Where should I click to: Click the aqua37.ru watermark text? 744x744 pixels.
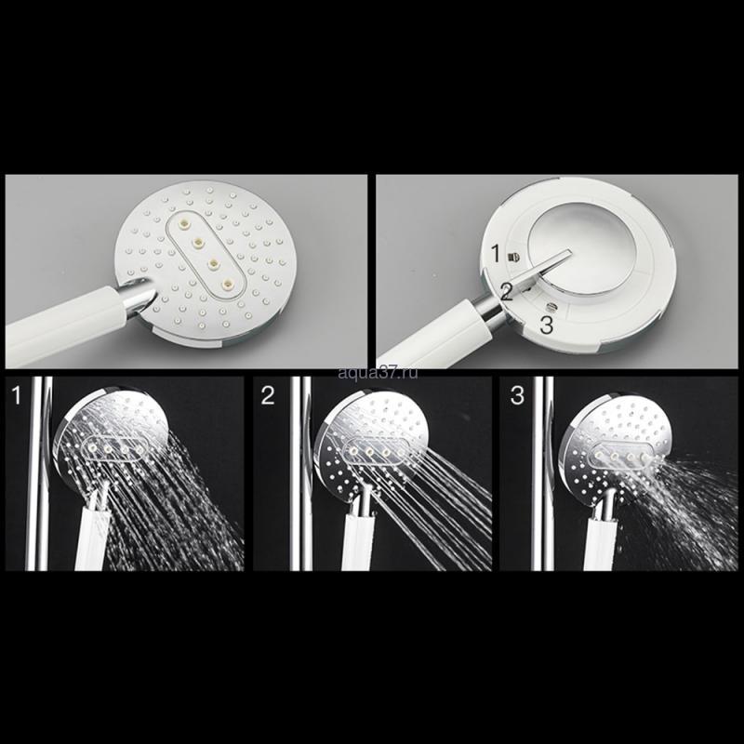click(x=379, y=373)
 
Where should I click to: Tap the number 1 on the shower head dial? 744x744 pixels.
click(x=496, y=254)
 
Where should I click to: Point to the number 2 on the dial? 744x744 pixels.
click(x=506, y=293)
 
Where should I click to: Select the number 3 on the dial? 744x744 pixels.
click(x=547, y=325)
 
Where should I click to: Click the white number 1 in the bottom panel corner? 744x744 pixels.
click(x=17, y=395)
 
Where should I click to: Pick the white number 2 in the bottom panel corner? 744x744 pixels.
click(x=268, y=395)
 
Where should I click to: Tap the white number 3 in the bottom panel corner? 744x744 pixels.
click(x=517, y=395)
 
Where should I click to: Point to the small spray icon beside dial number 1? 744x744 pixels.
click(x=512, y=257)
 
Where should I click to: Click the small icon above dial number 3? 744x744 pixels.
click(x=551, y=307)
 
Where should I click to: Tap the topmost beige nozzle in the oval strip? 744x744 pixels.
click(x=182, y=220)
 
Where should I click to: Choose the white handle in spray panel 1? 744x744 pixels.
click(x=91, y=538)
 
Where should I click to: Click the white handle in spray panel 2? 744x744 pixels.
click(x=358, y=541)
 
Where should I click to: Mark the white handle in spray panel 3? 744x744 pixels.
click(x=602, y=544)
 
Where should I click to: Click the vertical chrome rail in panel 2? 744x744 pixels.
click(x=300, y=473)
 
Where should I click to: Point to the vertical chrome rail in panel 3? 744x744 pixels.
click(x=542, y=473)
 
